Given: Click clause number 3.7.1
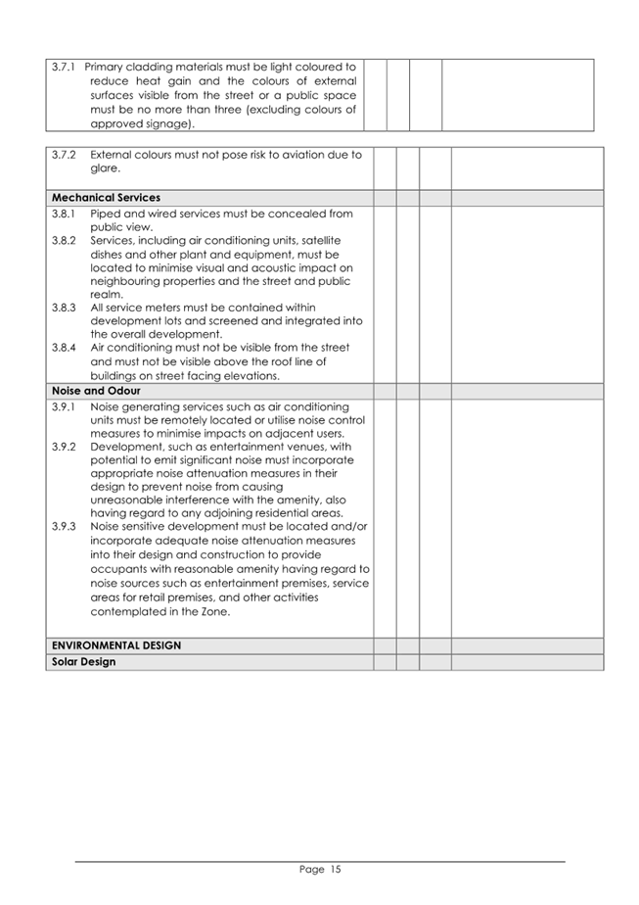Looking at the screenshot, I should point(64,67).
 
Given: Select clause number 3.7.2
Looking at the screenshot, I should point(64,155).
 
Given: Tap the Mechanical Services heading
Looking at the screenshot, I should point(106,198).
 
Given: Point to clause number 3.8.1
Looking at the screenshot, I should point(64,214).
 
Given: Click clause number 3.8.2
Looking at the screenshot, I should point(64,240).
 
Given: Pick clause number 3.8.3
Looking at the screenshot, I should point(64,308).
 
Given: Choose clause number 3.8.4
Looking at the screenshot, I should point(64,348).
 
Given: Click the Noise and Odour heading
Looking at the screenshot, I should point(96,391).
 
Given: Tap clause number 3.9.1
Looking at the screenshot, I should point(64,406).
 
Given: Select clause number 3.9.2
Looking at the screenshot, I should point(64,447).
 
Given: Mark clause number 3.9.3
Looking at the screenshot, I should point(64,527).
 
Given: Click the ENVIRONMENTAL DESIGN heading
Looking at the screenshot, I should point(116,646).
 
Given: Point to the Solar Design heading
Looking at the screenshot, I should point(83,662).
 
